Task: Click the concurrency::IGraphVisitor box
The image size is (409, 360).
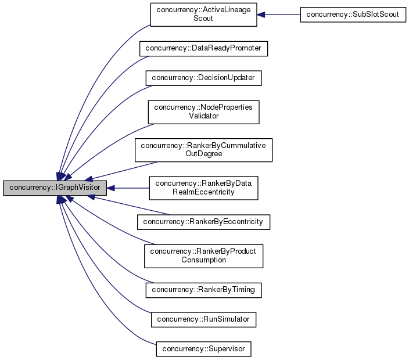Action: pos(55,188)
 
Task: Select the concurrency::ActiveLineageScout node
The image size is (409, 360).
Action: pos(203,15)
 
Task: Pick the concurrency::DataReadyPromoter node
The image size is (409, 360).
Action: pos(203,49)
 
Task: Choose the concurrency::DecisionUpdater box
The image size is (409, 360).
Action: pos(203,77)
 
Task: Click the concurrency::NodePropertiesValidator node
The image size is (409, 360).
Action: pos(203,111)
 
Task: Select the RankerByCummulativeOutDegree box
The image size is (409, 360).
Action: pos(203,150)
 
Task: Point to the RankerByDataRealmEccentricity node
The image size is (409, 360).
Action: pos(203,188)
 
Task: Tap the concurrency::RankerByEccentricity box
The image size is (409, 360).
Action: pos(203,221)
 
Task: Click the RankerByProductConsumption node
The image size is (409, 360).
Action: pos(203,255)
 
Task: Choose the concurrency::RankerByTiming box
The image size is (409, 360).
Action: pos(203,289)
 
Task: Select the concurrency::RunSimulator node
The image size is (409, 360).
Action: pos(203,319)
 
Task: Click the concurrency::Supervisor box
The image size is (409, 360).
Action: pos(203,349)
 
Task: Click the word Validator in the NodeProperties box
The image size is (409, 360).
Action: pos(203,116)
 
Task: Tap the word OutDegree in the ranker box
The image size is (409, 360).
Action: pos(203,154)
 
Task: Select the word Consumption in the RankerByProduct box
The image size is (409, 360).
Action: pos(203,260)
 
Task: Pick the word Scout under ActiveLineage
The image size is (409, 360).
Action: pos(203,19)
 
